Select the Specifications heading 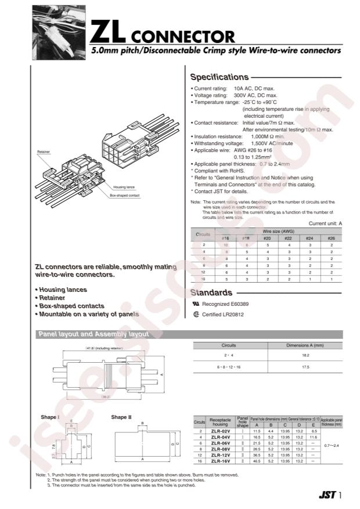[x=219, y=77]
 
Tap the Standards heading [x=211, y=293]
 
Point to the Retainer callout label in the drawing [x=44, y=151]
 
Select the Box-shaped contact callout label [x=124, y=196]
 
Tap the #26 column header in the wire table [x=331, y=238]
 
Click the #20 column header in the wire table [x=267, y=238]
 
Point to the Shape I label [x=50, y=417]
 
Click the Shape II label [x=122, y=417]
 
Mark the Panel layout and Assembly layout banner [x=93, y=334]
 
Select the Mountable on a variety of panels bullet [x=87, y=314]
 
